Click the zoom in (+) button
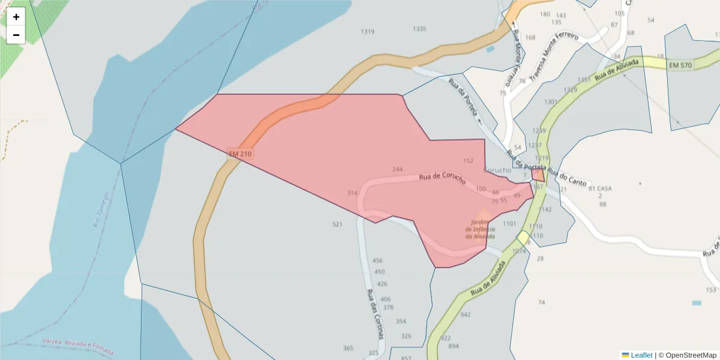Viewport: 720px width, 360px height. (16, 17)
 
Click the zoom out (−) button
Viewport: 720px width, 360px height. (16, 35)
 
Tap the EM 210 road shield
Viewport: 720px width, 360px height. (240, 154)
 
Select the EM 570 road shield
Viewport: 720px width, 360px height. (680, 65)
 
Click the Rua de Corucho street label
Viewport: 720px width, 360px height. (442, 178)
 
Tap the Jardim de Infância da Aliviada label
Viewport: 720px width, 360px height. (481, 229)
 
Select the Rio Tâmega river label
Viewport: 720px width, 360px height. (101, 210)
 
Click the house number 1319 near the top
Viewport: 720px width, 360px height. (367, 31)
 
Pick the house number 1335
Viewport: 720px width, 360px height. (419, 29)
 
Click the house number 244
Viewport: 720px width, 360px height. (397, 169)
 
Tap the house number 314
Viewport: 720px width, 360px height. (352, 193)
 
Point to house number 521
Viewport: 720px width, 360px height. (337, 224)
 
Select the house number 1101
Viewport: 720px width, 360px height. (509, 223)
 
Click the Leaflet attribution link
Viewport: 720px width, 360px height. (641, 355)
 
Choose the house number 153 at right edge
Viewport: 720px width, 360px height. (711, 290)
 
